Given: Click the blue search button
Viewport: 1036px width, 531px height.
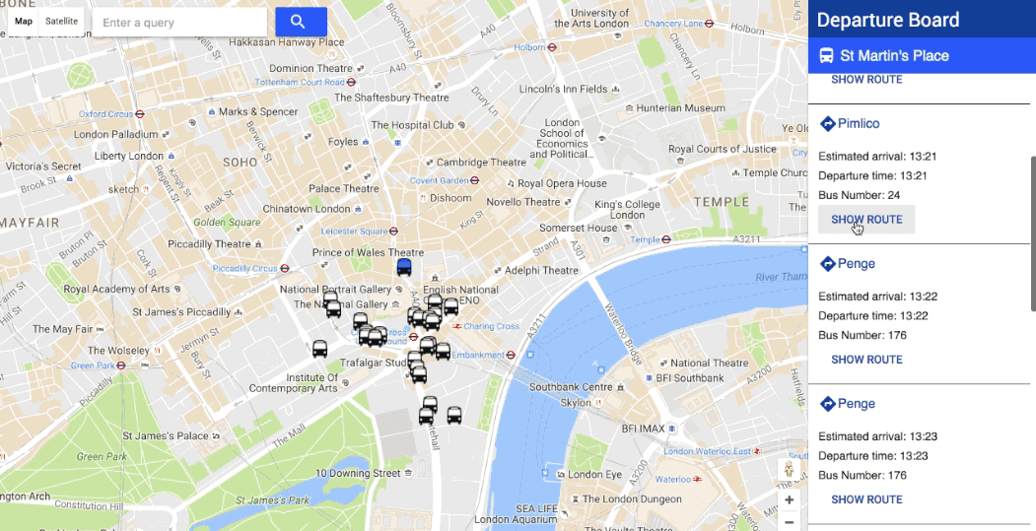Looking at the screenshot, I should (x=301, y=22).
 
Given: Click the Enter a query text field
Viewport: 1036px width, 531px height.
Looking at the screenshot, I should (x=179, y=23).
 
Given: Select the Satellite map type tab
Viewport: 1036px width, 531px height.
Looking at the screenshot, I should (x=62, y=21).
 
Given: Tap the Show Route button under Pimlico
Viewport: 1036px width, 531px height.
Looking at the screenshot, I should (x=866, y=220).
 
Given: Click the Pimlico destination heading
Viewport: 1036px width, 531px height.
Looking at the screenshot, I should (x=858, y=124).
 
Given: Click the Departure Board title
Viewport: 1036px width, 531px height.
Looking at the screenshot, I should (x=887, y=20).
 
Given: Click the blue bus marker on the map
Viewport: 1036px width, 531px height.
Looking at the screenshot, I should (x=404, y=266).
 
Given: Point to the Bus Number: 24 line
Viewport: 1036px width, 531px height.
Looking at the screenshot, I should (x=859, y=195).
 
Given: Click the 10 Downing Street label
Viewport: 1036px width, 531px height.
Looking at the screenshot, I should (x=358, y=474).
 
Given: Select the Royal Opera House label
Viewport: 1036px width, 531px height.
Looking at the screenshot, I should (x=562, y=183).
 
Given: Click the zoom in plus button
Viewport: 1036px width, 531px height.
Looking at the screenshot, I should (x=789, y=499).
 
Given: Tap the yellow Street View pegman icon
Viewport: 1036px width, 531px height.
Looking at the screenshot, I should (x=789, y=470).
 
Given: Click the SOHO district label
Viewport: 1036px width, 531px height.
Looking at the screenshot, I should (x=240, y=162).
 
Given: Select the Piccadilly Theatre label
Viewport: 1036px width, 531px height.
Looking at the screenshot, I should (x=209, y=244).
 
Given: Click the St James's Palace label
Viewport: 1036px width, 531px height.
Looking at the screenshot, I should (x=166, y=435).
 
